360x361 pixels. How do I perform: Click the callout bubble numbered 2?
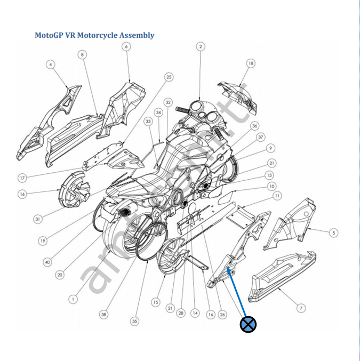click(x=201, y=46)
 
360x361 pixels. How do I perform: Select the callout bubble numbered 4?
click(x=51, y=65)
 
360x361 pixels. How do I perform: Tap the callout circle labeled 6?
click(x=126, y=46)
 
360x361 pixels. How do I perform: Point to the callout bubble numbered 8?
click(x=82, y=54)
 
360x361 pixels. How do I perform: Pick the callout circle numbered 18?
click(x=251, y=63)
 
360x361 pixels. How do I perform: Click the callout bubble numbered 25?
click(x=169, y=77)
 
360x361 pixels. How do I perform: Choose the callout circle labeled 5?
click(x=334, y=232)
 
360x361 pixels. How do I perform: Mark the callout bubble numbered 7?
click(x=301, y=308)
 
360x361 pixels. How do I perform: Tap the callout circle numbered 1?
click(x=73, y=299)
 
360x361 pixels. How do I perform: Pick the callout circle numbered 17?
click(x=22, y=178)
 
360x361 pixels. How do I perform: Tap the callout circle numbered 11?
click(x=277, y=196)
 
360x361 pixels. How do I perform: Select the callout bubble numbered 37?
click(x=261, y=137)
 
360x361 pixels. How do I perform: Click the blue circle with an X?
click(x=248, y=324)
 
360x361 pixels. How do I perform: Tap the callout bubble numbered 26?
click(x=222, y=315)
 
